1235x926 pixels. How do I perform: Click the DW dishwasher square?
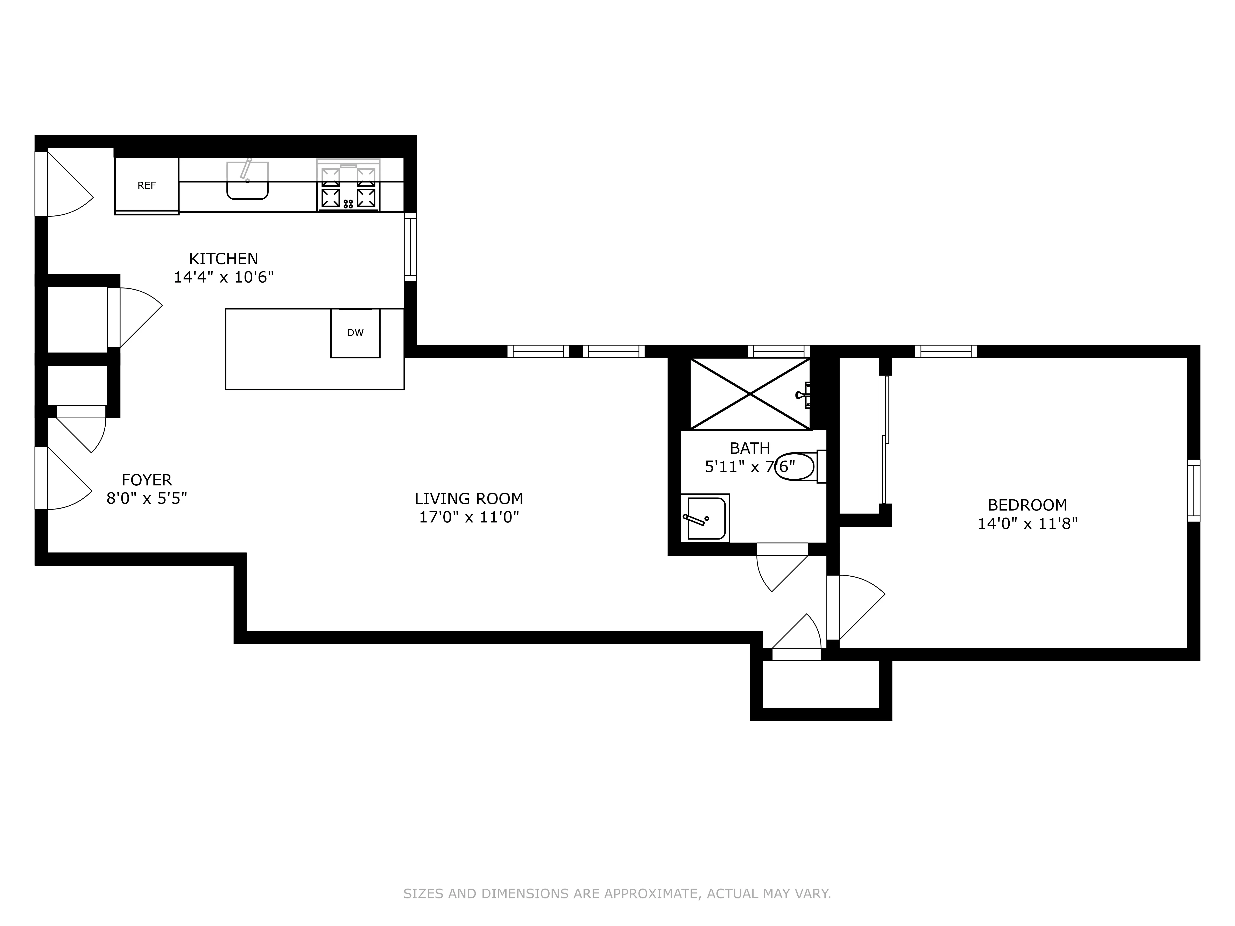(355, 333)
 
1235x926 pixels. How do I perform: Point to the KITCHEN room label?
(223, 259)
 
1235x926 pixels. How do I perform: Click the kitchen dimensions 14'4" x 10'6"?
(223, 277)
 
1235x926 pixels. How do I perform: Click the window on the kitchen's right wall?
(410, 247)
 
